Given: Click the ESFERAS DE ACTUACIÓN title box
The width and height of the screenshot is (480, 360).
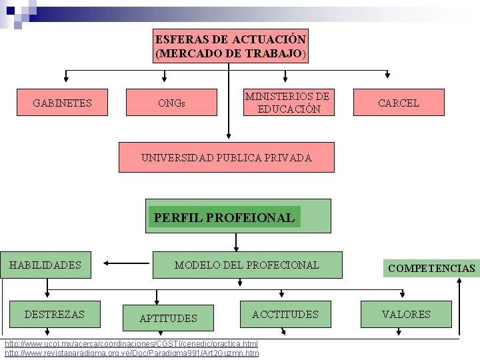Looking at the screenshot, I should [231, 46].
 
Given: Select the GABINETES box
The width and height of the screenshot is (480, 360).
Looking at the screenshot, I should [63, 103].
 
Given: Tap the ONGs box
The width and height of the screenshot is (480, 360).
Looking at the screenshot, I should [172, 103].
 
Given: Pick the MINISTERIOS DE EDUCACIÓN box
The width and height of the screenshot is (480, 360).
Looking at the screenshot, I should [287, 103].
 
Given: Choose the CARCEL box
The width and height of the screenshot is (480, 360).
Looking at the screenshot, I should [398, 103].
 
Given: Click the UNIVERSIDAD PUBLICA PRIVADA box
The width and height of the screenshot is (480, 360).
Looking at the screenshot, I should [227, 158].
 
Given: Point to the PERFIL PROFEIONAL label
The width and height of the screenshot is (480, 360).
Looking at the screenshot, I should [224, 217].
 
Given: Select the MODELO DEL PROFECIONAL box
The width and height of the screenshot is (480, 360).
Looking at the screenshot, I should [247, 265].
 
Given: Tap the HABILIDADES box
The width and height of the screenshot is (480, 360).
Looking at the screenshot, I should [45, 265].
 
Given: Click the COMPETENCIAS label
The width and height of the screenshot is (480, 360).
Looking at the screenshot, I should [431, 269].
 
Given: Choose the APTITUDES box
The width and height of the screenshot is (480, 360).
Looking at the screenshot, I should [168, 318].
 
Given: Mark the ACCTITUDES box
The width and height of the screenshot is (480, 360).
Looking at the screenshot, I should [285, 314].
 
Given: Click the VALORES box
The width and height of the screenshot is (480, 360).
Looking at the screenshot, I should [406, 314].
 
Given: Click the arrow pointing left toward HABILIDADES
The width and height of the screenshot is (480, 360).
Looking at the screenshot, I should [127, 263].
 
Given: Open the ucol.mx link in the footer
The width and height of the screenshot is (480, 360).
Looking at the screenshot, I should [131, 344].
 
